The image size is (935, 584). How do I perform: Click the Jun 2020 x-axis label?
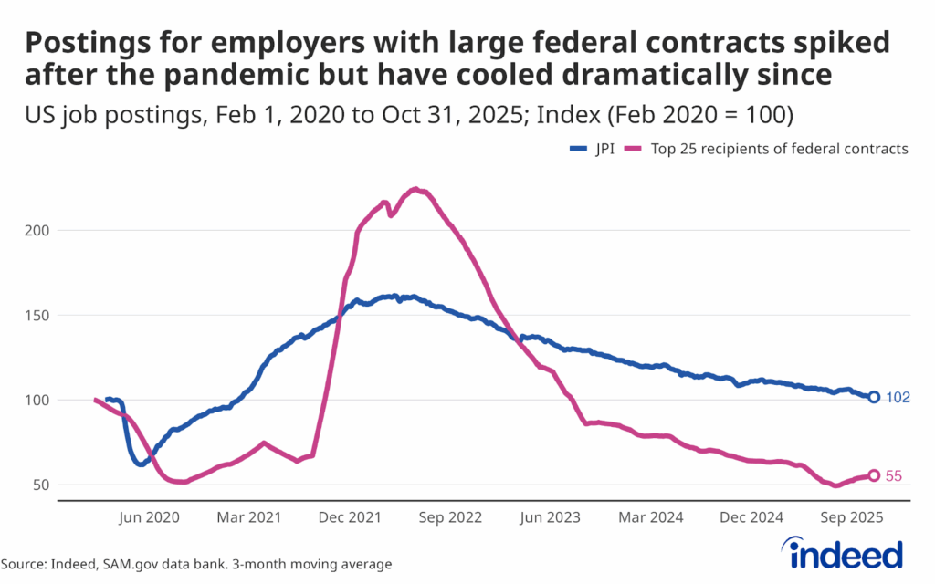point(151,517)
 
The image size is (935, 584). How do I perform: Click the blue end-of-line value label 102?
point(898,398)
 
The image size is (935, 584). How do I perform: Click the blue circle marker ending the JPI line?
point(874,397)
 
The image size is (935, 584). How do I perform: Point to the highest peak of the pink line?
point(415,189)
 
